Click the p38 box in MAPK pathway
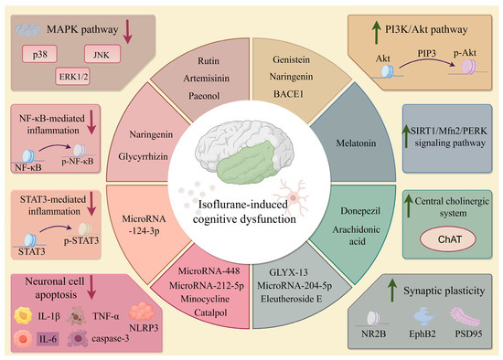coord(39,54)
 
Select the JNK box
coord(102,54)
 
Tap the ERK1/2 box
coord(72,76)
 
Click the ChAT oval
coord(448,239)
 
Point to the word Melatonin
coord(356,143)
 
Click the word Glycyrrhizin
coord(143,157)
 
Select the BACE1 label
coord(288,94)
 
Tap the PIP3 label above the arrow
coord(427,53)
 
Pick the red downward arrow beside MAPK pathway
coord(128,31)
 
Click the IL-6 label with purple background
coord(48,338)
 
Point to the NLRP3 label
coord(144,328)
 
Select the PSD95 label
coord(468,334)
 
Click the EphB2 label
coord(423,334)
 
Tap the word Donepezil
coord(360,211)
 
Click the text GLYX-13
coord(288,272)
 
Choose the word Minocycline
coord(205,299)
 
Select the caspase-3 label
coord(111,338)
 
